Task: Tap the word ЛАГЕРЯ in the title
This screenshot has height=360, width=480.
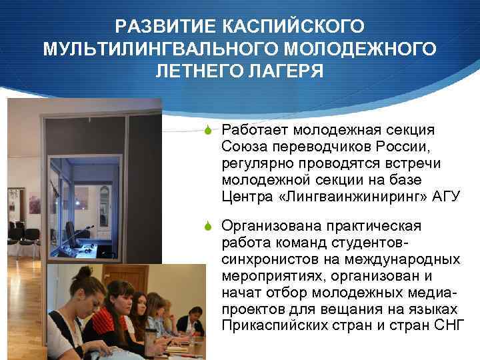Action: (285, 71)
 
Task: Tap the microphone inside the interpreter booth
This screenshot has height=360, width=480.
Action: (87, 230)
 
